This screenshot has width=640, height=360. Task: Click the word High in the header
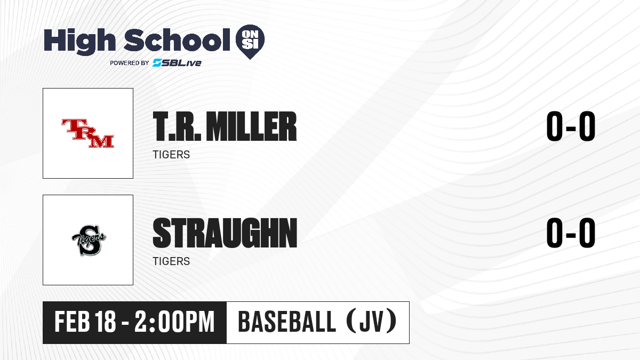pos(79,42)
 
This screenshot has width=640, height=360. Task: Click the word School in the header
pos(177,39)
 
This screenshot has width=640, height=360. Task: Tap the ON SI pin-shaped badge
pos(250,42)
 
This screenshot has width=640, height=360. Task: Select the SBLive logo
pos(177,63)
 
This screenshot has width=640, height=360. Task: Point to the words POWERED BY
pos(130,63)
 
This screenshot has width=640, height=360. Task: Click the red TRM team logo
pos(87,133)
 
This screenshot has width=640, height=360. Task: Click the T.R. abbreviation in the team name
pos(177,126)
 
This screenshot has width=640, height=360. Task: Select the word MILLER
pos(251,126)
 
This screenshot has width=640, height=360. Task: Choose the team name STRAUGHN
pos(225,233)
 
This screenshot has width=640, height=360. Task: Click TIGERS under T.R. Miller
pos(171,155)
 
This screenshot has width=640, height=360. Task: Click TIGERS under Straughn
pos(171,261)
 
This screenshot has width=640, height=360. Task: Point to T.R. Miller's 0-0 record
pos(571,126)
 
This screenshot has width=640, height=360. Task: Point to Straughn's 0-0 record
pos(571,233)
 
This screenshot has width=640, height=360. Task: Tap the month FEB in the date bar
pos(73,322)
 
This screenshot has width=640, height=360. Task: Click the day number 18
pos(106,322)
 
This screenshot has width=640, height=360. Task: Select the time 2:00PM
pos(174,322)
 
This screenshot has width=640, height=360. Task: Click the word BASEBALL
pos(286,322)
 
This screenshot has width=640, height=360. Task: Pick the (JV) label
pos(371,322)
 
